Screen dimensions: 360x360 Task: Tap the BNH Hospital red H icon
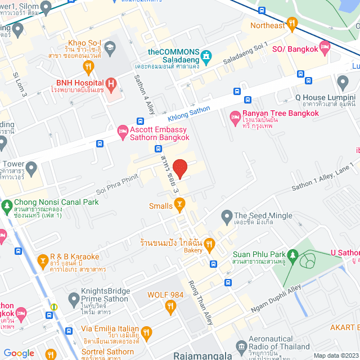tap(111, 85)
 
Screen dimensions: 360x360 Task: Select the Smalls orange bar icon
tap(179, 206)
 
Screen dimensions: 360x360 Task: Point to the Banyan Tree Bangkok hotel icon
tap(235, 118)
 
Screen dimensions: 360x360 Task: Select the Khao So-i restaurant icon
tap(88, 67)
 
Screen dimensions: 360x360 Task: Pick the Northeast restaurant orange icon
tap(291, 24)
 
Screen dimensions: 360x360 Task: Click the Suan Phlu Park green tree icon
tap(292, 255)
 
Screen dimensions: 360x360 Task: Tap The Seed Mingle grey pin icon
tap(227, 215)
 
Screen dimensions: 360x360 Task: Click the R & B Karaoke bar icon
tap(42, 261)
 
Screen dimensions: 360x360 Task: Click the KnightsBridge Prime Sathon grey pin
tap(74, 297)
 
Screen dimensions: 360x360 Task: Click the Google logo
tap(19, 353)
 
